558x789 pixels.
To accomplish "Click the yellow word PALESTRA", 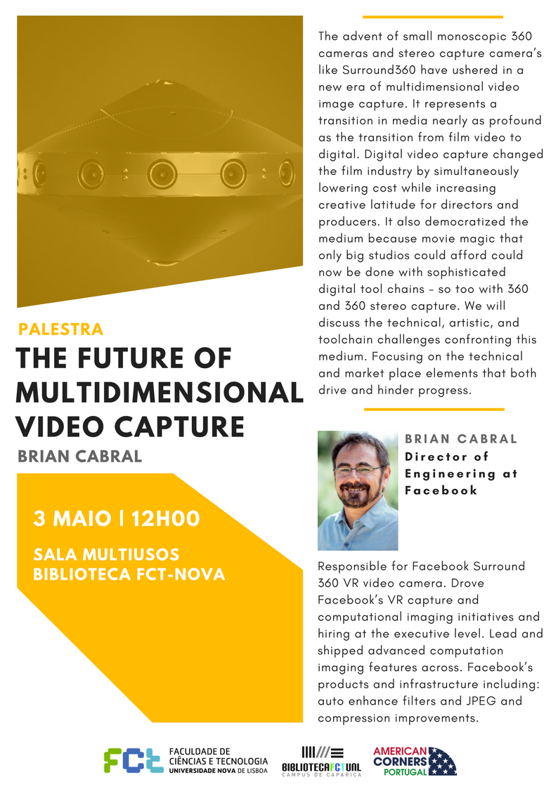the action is pyautogui.click(x=61, y=329).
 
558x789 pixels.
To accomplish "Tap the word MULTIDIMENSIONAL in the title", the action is pyautogui.click(x=160, y=393).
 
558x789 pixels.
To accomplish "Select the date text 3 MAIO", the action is pyautogui.click(x=72, y=519).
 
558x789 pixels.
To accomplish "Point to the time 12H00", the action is pyautogui.click(x=166, y=519).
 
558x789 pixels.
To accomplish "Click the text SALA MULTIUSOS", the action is pyautogui.click(x=106, y=554).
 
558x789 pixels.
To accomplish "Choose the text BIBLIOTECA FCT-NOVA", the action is pyautogui.click(x=129, y=574).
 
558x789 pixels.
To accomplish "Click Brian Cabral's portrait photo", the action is pyautogui.click(x=358, y=490).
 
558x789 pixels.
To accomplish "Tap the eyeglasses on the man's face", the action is pyautogui.click(x=358, y=471).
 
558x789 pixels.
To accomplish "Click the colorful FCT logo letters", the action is pyautogui.click(x=134, y=759).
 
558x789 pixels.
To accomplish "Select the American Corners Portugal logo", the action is pyautogui.click(x=415, y=761).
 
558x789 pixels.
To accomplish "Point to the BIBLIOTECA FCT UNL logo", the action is pyautogui.click(x=321, y=762).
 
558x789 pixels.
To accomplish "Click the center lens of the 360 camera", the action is pyautogui.click(x=162, y=175).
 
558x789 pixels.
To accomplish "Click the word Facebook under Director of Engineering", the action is pyautogui.click(x=441, y=490).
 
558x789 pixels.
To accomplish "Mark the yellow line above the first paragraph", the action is pyautogui.click(x=433, y=17).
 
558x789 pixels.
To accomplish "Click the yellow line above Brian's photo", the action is pyautogui.click(x=434, y=410).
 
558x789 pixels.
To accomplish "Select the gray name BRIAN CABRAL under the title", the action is pyautogui.click(x=80, y=457).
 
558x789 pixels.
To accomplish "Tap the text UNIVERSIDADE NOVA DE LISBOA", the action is pyautogui.click(x=219, y=771).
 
